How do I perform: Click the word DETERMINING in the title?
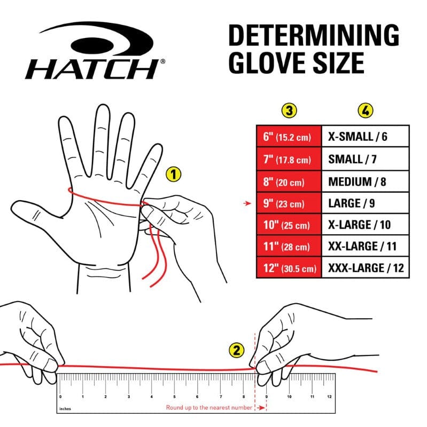[313, 36]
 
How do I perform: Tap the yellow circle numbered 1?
[173, 173]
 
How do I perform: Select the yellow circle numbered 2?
[237, 350]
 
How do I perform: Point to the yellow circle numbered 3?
[289, 110]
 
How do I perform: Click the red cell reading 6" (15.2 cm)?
[289, 137]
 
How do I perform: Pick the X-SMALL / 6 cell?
[365, 137]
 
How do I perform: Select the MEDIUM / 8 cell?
[365, 181]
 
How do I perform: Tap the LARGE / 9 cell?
[365, 203]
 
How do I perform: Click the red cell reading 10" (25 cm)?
[289, 225]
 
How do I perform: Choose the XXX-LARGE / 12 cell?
[365, 268]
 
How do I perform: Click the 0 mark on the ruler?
[60, 397]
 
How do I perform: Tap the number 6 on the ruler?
[198, 397]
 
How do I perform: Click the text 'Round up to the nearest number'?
[208, 408]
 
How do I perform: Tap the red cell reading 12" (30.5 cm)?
[289, 268]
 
